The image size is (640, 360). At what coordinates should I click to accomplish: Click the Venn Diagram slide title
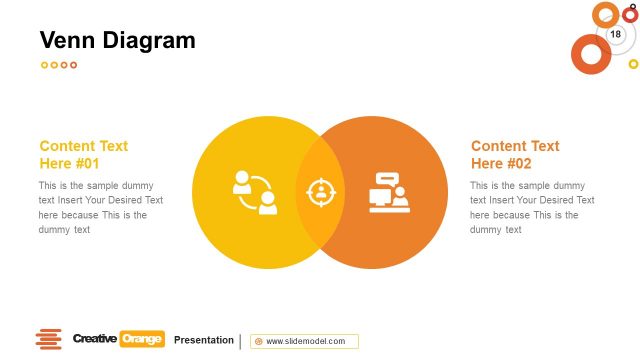(x=117, y=41)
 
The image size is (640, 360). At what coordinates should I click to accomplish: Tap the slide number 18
(x=615, y=34)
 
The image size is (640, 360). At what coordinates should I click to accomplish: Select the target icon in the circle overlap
(x=320, y=191)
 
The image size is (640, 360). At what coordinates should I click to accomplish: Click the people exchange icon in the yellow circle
(x=254, y=192)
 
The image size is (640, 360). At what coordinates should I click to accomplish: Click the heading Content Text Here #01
(x=84, y=154)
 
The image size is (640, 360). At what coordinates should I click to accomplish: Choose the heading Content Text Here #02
(x=515, y=154)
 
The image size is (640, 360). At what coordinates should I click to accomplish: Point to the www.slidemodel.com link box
(x=304, y=341)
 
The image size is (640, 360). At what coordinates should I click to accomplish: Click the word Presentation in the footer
(x=204, y=340)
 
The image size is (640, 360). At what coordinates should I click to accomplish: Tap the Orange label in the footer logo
(x=142, y=339)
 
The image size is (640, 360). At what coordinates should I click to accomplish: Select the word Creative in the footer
(x=94, y=339)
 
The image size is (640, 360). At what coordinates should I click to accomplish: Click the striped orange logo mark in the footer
(x=48, y=340)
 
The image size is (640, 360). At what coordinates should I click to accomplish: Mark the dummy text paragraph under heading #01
(x=100, y=207)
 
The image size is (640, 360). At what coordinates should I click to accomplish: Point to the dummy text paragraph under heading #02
(x=532, y=207)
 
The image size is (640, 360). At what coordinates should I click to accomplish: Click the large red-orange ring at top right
(x=590, y=54)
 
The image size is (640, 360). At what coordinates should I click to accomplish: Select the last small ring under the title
(x=73, y=65)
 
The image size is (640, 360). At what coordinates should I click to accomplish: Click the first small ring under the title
(x=44, y=65)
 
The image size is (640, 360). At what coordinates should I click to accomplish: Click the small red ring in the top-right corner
(x=630, y=14)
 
